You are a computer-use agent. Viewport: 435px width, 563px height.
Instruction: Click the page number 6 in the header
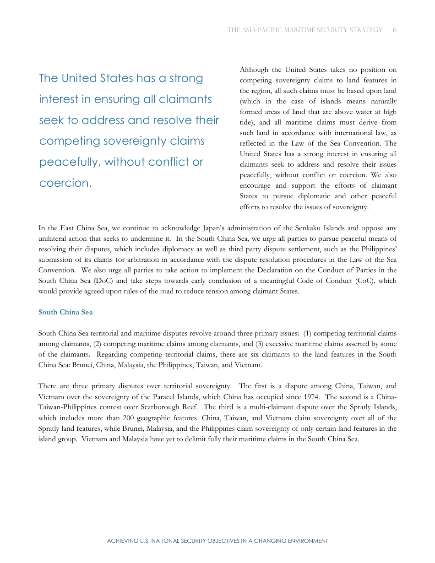394,30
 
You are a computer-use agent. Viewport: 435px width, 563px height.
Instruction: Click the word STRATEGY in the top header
364,30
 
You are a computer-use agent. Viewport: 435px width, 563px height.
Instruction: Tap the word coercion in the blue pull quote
64,183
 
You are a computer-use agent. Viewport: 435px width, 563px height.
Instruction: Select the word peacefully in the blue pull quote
70,162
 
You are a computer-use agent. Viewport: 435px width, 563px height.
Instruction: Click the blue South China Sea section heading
65,312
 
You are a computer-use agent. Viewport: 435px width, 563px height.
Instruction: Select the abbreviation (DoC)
107,281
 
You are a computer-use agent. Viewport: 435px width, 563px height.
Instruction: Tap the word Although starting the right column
254,70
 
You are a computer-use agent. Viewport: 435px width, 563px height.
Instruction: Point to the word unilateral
53,238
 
